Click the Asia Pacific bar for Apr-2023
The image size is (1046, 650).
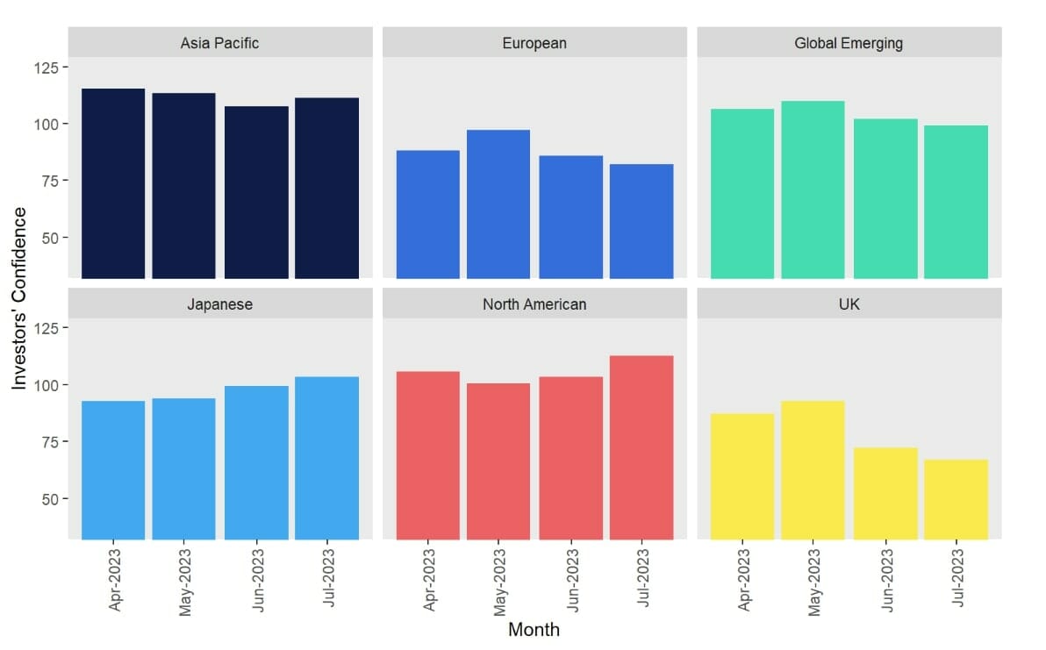coord(112,183)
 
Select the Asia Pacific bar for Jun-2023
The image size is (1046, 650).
coord(256,192)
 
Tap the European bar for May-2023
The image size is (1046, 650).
coord(498,204)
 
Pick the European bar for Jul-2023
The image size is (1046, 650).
coord(641,221)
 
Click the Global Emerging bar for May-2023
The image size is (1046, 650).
coord(813,189)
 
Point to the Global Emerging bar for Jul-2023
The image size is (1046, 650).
coord(956,202)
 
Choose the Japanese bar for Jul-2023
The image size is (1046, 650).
coord(326,458)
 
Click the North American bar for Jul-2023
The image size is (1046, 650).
coord(641,447)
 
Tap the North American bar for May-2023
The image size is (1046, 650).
coord(498,461)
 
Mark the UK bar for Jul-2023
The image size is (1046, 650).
coord(956,499)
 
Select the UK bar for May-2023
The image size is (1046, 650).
coord(813,470)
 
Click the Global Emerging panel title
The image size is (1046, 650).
coord(849,42)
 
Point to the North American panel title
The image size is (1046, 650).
coord(534,304)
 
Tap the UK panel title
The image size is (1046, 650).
coord(849,304)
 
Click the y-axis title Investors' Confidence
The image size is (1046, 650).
coord(19,298)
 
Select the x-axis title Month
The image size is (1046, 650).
coord(534,630)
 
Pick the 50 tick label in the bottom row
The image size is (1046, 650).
coord(48,499)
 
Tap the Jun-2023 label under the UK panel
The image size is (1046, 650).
coord(886,581)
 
